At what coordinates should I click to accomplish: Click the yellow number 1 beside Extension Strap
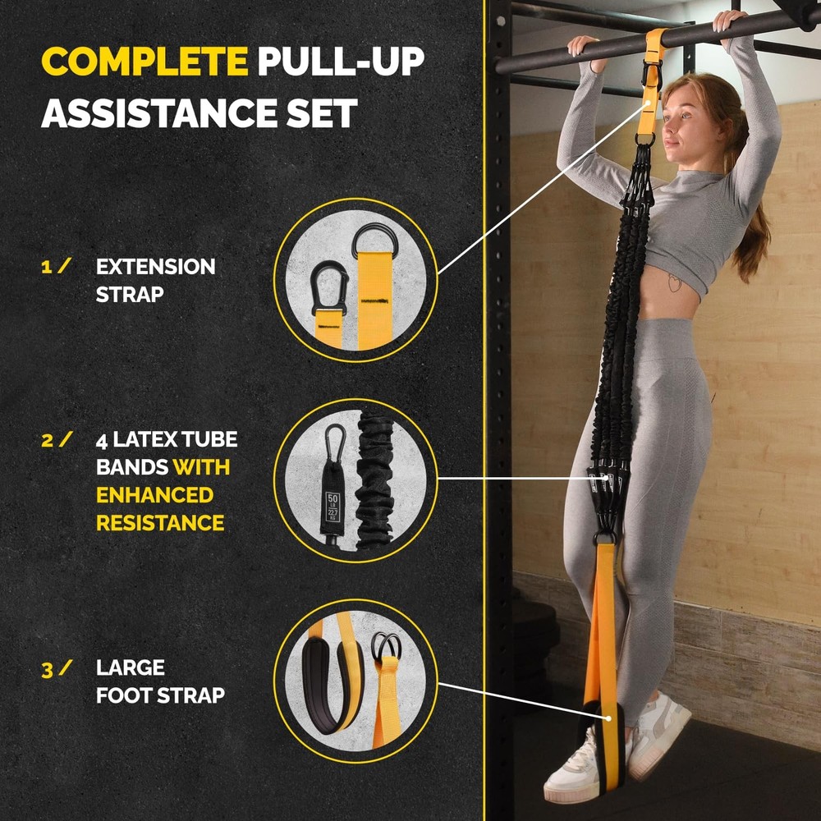point(46,267)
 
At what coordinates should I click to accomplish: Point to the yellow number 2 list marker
point(47,440)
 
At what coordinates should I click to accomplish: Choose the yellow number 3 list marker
point(47,668)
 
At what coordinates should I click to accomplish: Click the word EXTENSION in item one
point(156,267)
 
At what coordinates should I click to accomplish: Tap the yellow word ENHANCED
point(154,495)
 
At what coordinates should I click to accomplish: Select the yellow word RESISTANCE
point(160,523)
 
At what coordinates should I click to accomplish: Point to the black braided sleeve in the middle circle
point(375,480)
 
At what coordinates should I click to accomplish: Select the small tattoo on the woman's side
point(674,283)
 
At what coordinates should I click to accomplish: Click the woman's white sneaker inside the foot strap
point(579,768)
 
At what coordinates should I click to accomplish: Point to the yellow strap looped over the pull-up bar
point(654,41)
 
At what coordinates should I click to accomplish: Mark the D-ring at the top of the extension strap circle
point(375,241)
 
